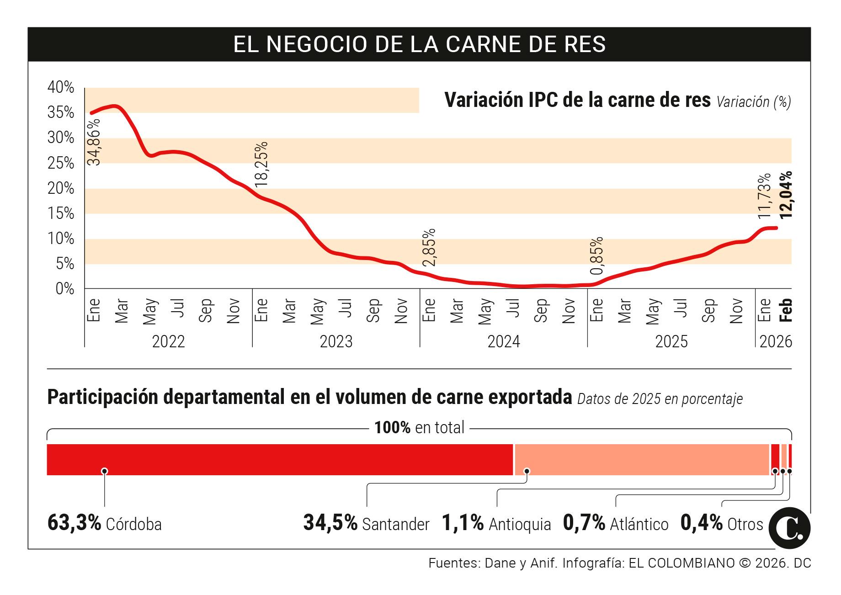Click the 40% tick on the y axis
[61, 87]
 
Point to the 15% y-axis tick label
[61, 213]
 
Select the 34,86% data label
[94, 142]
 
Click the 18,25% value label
[261, 164]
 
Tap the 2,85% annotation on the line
[429, 247]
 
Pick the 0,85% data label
[597, 255]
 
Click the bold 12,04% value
[786, 194]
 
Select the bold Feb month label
[786, 310]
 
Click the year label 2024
[504, 342]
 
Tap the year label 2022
[168, 342]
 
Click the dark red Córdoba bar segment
[280, 459]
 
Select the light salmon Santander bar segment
[642, 459]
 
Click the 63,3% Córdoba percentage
[74, 523]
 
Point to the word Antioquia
[520, 524]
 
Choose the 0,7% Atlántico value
[584, 523]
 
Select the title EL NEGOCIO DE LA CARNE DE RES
[419, 44]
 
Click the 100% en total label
[419, 428]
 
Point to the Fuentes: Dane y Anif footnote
[494, 563]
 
